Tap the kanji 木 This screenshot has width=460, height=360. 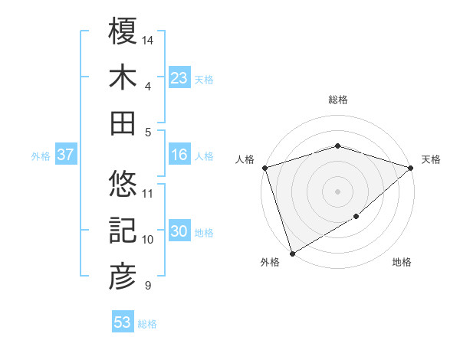[x=123, y=78]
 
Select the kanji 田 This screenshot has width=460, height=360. [x=123, y=123]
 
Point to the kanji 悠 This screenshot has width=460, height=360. [x=123, y=184]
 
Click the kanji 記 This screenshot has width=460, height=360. [x=123, y=231]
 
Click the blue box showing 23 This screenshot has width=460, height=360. [x=179, y=78]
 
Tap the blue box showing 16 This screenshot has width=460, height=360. [x=179, y=155]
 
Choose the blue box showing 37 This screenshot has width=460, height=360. [x=66, y=155]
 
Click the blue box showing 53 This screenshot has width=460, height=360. [x=123, y=322]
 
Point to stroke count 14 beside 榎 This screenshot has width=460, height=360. [x=149, y=38]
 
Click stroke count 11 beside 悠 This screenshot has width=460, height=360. [x=148, y=192]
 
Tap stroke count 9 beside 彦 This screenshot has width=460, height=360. [x=147, y=286]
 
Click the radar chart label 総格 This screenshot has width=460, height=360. [x=337, y=100]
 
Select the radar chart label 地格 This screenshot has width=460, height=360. [x=402, y=263]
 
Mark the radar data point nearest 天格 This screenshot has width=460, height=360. [x=411, y=168]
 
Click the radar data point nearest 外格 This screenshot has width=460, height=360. [x=292, y=254]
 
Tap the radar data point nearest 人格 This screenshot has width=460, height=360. [x=264, y=168]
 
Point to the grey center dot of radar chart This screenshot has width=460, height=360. [x=337, y=191]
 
